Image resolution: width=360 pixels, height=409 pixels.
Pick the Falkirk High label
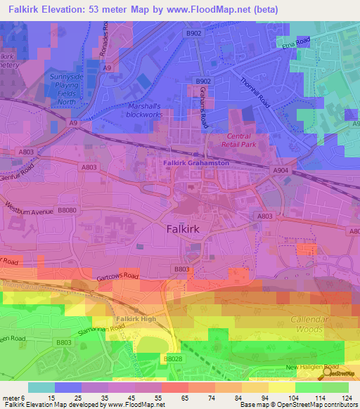136,319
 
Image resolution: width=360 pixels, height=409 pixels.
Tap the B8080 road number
67,210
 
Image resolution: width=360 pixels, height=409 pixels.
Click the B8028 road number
172,358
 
